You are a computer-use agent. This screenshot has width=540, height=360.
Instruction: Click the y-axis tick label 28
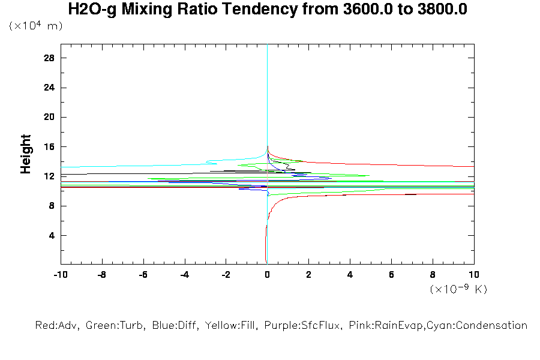coord(49,58)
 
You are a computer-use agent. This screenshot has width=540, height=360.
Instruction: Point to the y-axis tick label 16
coord(49,147)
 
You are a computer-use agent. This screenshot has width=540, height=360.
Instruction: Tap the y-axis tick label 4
coord(52,235)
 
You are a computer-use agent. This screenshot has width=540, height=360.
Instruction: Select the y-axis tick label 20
coord(49,118)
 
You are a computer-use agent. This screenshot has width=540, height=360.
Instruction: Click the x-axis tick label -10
coord(60,275)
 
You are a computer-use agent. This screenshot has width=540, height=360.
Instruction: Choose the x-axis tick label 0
coord(267,275)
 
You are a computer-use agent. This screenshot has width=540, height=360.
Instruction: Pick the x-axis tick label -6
coord(143,275)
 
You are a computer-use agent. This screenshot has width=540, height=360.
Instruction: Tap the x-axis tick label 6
coord(391,275)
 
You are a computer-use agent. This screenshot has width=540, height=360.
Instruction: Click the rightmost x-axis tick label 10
coord(474,275)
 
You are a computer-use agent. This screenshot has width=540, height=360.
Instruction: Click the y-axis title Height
coord(26,155)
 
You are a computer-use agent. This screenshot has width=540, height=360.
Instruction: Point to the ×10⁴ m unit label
coord(35,26)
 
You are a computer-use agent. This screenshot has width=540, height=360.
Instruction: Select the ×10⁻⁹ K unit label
coord(458,289)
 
